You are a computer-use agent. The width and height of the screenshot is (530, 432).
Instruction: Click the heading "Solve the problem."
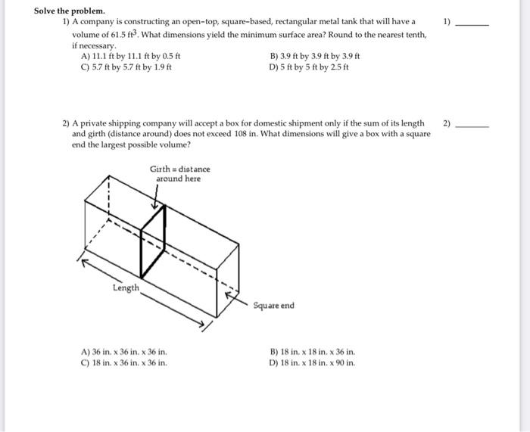70,12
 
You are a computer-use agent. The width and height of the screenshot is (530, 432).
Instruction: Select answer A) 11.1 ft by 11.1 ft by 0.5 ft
130,57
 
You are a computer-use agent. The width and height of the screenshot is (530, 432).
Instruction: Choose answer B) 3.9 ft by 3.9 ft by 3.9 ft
314,57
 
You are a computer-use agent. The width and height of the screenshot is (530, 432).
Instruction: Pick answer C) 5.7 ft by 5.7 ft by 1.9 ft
126,67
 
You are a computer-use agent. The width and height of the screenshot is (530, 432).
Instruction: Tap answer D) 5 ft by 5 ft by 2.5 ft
310,67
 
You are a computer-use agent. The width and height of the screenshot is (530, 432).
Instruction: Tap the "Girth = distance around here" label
179,173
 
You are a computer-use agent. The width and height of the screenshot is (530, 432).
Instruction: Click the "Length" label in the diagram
126,287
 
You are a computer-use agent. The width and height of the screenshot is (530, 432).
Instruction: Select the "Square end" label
273,306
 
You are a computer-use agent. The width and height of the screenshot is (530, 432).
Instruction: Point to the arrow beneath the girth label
157,196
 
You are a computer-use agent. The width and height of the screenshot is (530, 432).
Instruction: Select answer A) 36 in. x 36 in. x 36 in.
124,352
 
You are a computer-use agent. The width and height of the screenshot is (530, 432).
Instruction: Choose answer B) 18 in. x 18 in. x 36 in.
312,352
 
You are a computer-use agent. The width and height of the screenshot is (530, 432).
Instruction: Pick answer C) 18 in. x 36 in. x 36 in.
124,362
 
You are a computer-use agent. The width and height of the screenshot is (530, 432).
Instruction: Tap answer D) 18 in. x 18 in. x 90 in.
312,362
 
